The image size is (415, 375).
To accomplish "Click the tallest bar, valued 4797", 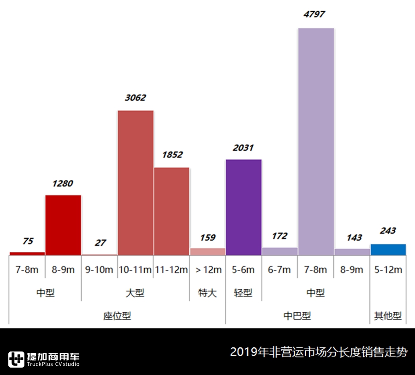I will [x=316, y=141].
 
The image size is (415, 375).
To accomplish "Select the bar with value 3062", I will [x=136, y=183].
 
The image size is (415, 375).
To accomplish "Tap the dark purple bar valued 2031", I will [x=243, y=207].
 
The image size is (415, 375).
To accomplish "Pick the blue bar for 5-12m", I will [x=388, y=250].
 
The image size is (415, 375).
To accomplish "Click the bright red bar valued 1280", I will [x=63, y=225].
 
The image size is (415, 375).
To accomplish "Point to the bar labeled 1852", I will [x=172, y=211].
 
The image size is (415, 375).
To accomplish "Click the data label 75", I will [x=27, y=241].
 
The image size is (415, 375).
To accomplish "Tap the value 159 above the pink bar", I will [x=207, y=238].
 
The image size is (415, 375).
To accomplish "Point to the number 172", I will [x=279, y=236].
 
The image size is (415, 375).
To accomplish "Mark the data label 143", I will [x=352, y=238].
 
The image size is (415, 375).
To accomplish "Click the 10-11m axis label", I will [x=136, y=270].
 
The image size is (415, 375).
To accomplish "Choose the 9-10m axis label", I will [x=99, y=270].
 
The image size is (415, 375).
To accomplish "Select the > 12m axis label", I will [x=207, y=270].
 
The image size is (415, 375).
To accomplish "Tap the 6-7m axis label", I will [x=279, y=270].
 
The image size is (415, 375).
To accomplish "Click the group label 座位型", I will [x=117, y=316].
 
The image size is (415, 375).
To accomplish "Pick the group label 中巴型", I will [x=297, y=316].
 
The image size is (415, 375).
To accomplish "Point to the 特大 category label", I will [x=207, y=293].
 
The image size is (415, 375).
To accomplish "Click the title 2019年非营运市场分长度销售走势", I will [x=319, y=352].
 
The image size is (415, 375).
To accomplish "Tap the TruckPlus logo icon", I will [x=16, y=359].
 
